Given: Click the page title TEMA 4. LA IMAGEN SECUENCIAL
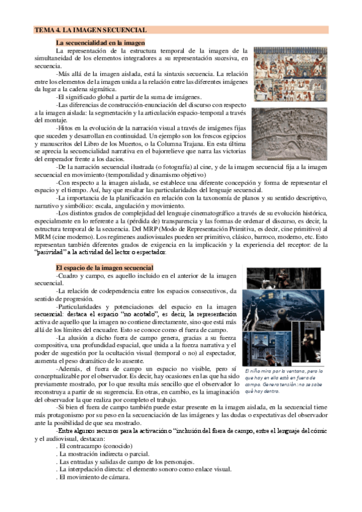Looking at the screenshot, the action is pos(91,30).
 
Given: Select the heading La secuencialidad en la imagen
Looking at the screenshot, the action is pos(100,43).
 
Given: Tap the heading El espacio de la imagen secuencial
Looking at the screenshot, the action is pos(105,267).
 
